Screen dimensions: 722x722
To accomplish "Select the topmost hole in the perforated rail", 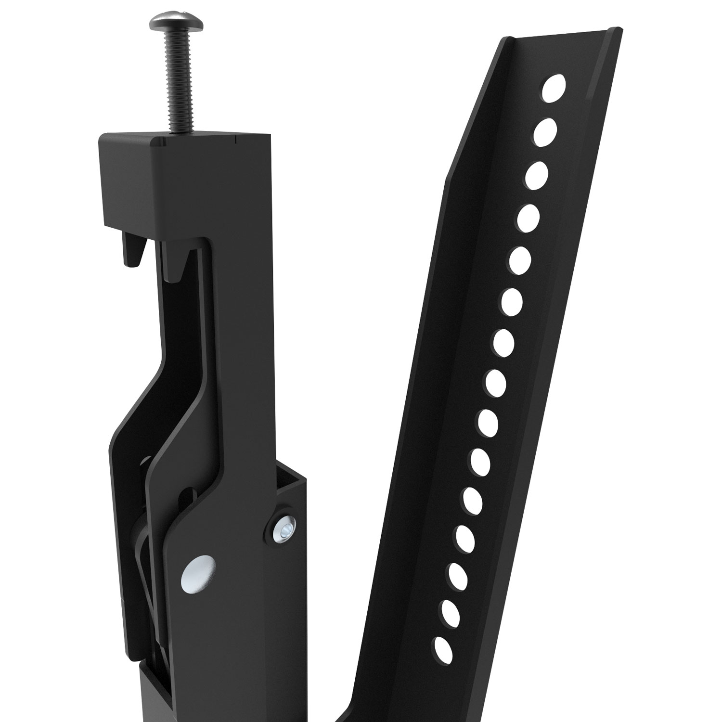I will pyautogui.click(x=554, y=89).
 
